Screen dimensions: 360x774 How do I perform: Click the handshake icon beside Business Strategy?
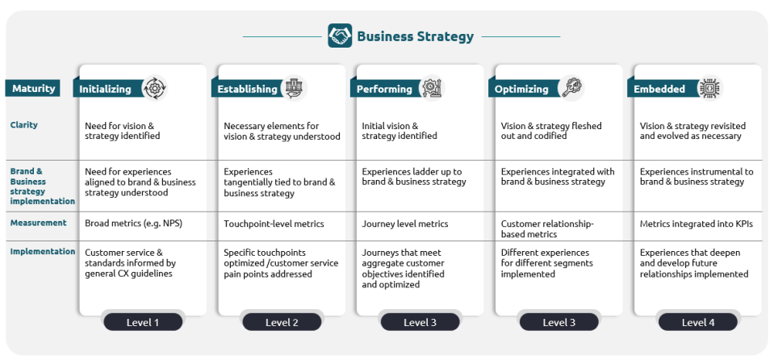340,36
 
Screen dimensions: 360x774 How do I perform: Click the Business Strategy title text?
415,36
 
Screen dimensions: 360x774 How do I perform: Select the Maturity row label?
34,88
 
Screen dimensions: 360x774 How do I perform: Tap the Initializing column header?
105,89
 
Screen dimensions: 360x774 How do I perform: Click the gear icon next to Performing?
432,87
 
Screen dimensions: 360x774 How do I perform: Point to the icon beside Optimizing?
572,87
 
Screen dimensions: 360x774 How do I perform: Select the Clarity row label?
24,125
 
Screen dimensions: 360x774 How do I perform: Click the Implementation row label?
42,252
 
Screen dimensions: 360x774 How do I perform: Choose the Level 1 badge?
143,322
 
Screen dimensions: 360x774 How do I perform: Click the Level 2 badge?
282,322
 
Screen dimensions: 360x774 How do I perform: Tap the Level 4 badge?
697,322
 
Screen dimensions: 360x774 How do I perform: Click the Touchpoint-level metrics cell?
274,224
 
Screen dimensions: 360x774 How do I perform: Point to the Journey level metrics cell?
404,224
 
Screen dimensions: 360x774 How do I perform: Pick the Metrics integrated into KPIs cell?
696,224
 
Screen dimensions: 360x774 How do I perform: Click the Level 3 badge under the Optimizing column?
559,322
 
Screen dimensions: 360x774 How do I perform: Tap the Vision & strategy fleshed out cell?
551,131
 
